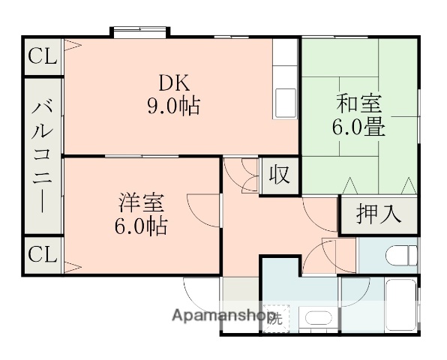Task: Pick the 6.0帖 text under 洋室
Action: click(141, 225)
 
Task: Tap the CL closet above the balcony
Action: click(42, 55)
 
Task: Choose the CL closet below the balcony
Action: click(42, 254)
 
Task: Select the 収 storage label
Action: click(279, 175)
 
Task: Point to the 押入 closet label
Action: click(377, 215)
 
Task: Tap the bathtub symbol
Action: click(394, 303)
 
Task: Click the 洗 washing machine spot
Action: click(277, 318)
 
